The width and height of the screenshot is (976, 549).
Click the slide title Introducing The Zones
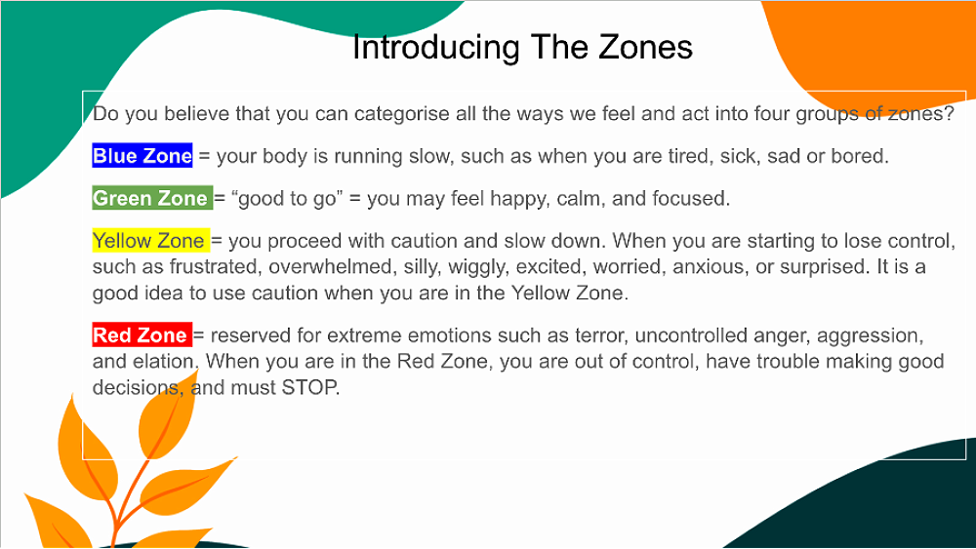(x=522, y=47)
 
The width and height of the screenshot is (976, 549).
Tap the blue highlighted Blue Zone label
(x=142, y=155)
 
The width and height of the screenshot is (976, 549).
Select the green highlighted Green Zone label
(x=152, y=198)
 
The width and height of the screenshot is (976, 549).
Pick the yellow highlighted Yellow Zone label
(x=150, y=241)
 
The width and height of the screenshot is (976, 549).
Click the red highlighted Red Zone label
(x=142, y=335)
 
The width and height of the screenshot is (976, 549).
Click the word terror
(x=599, y=335)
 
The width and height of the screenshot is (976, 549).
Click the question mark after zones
(x=949, y=114)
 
